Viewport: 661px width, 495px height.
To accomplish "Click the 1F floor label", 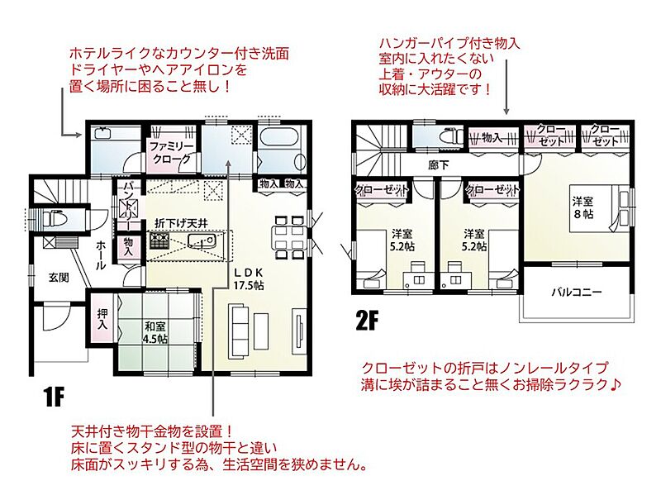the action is coord(53,397).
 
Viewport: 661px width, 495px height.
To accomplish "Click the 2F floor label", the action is coord(367,321).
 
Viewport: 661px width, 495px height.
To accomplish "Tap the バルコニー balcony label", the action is coord(577,292).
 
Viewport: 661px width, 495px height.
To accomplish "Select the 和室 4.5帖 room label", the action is coord(155,332).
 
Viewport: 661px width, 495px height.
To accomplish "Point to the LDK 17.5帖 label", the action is coord(249,278).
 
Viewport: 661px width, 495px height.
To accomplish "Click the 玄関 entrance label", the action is coord(59,278).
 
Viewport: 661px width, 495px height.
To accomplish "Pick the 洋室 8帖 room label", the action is coord(583,207).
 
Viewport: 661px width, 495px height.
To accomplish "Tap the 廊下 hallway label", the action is coord(439,164).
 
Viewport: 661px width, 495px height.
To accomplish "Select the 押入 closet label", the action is coord(102,319).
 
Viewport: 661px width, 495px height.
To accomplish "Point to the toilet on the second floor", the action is coord(450,137).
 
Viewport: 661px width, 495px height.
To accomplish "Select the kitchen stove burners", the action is coord(159,241).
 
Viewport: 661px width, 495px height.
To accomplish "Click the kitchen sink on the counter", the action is coord(202,240).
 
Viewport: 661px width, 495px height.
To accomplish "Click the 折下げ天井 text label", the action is coord(181,223).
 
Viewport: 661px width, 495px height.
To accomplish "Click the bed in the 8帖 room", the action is coord(599,208).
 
